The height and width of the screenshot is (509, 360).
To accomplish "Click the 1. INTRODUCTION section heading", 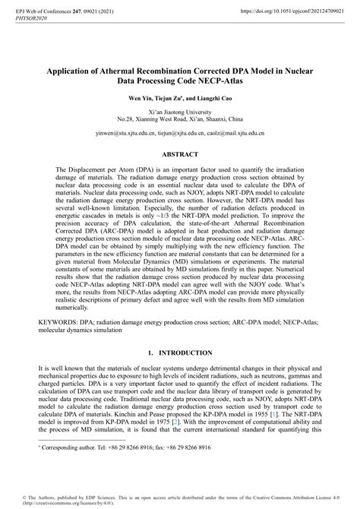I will (180, 353).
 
